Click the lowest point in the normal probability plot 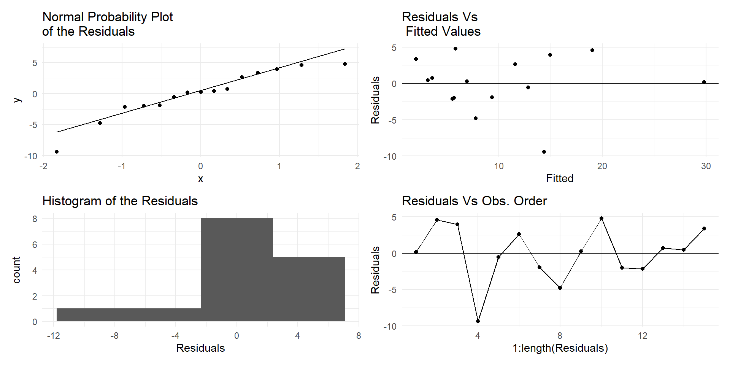(x=57, y=152)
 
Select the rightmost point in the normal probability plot (x=345, y=64)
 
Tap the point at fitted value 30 (x=704, y=82)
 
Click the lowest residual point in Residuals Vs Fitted (x=544, y=152)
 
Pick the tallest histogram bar (x=236, y=270)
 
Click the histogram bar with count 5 (x=309, y=289)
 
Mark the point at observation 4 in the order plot (x=478, y=321)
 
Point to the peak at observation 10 (x=601, y=218)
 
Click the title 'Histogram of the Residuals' (x=120, y=201)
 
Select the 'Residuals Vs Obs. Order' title (x=474, y=201)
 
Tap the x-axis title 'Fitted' (x=560, y=178)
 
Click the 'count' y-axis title (x=16, y=270)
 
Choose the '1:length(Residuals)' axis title (x=560, y=348)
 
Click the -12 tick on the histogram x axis (x=53, y=336)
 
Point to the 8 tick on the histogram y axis (x=35, y=219)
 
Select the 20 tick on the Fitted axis (x=602, y=166)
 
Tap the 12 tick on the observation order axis (x=643, y=336)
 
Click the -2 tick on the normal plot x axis (x=43, y=166)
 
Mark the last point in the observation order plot (x=704, y=229)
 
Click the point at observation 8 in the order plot (x=560, y=288)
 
